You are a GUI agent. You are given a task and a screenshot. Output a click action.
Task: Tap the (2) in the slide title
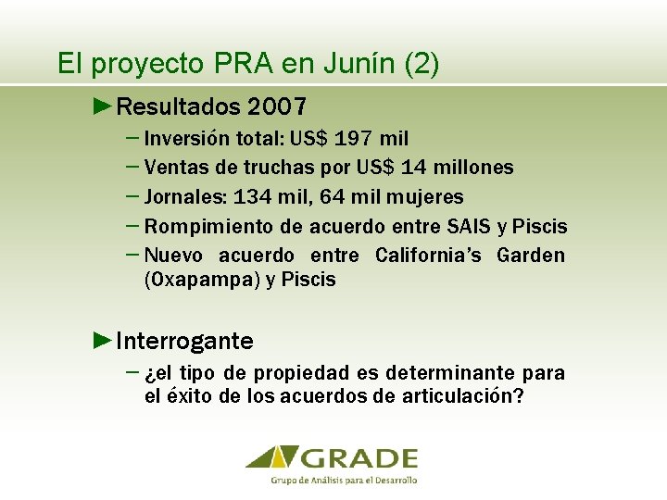(x=422, y=64)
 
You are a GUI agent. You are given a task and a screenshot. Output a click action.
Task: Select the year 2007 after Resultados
(x=277, y=107)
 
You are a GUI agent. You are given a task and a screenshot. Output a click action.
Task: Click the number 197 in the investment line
(x=356, y=139)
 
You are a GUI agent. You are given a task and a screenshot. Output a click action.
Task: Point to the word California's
(x=428, y=256)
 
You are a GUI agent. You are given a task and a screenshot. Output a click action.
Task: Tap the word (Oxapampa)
(x=201, y=280)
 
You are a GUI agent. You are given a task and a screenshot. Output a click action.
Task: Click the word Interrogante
(x=185, y=342)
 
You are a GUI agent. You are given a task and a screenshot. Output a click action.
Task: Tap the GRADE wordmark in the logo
(x=359, y=458)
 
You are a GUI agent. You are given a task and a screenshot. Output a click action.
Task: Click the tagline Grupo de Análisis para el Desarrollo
(x=345, y=481)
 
